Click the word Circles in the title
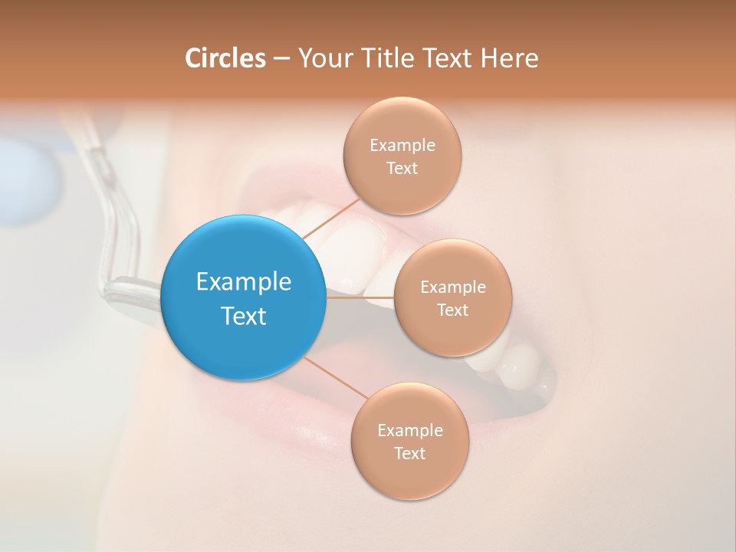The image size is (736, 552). point(225,58)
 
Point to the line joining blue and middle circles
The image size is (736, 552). point(360,297)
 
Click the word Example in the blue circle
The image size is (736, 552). point(244,282)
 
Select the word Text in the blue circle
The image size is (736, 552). point(244,316)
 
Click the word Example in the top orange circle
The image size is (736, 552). point(402,145)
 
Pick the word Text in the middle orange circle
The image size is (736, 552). point(452,310)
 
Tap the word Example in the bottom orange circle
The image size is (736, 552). point(409,430)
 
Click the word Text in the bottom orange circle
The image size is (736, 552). point(409,454)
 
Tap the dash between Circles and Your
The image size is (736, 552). point(281,59)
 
